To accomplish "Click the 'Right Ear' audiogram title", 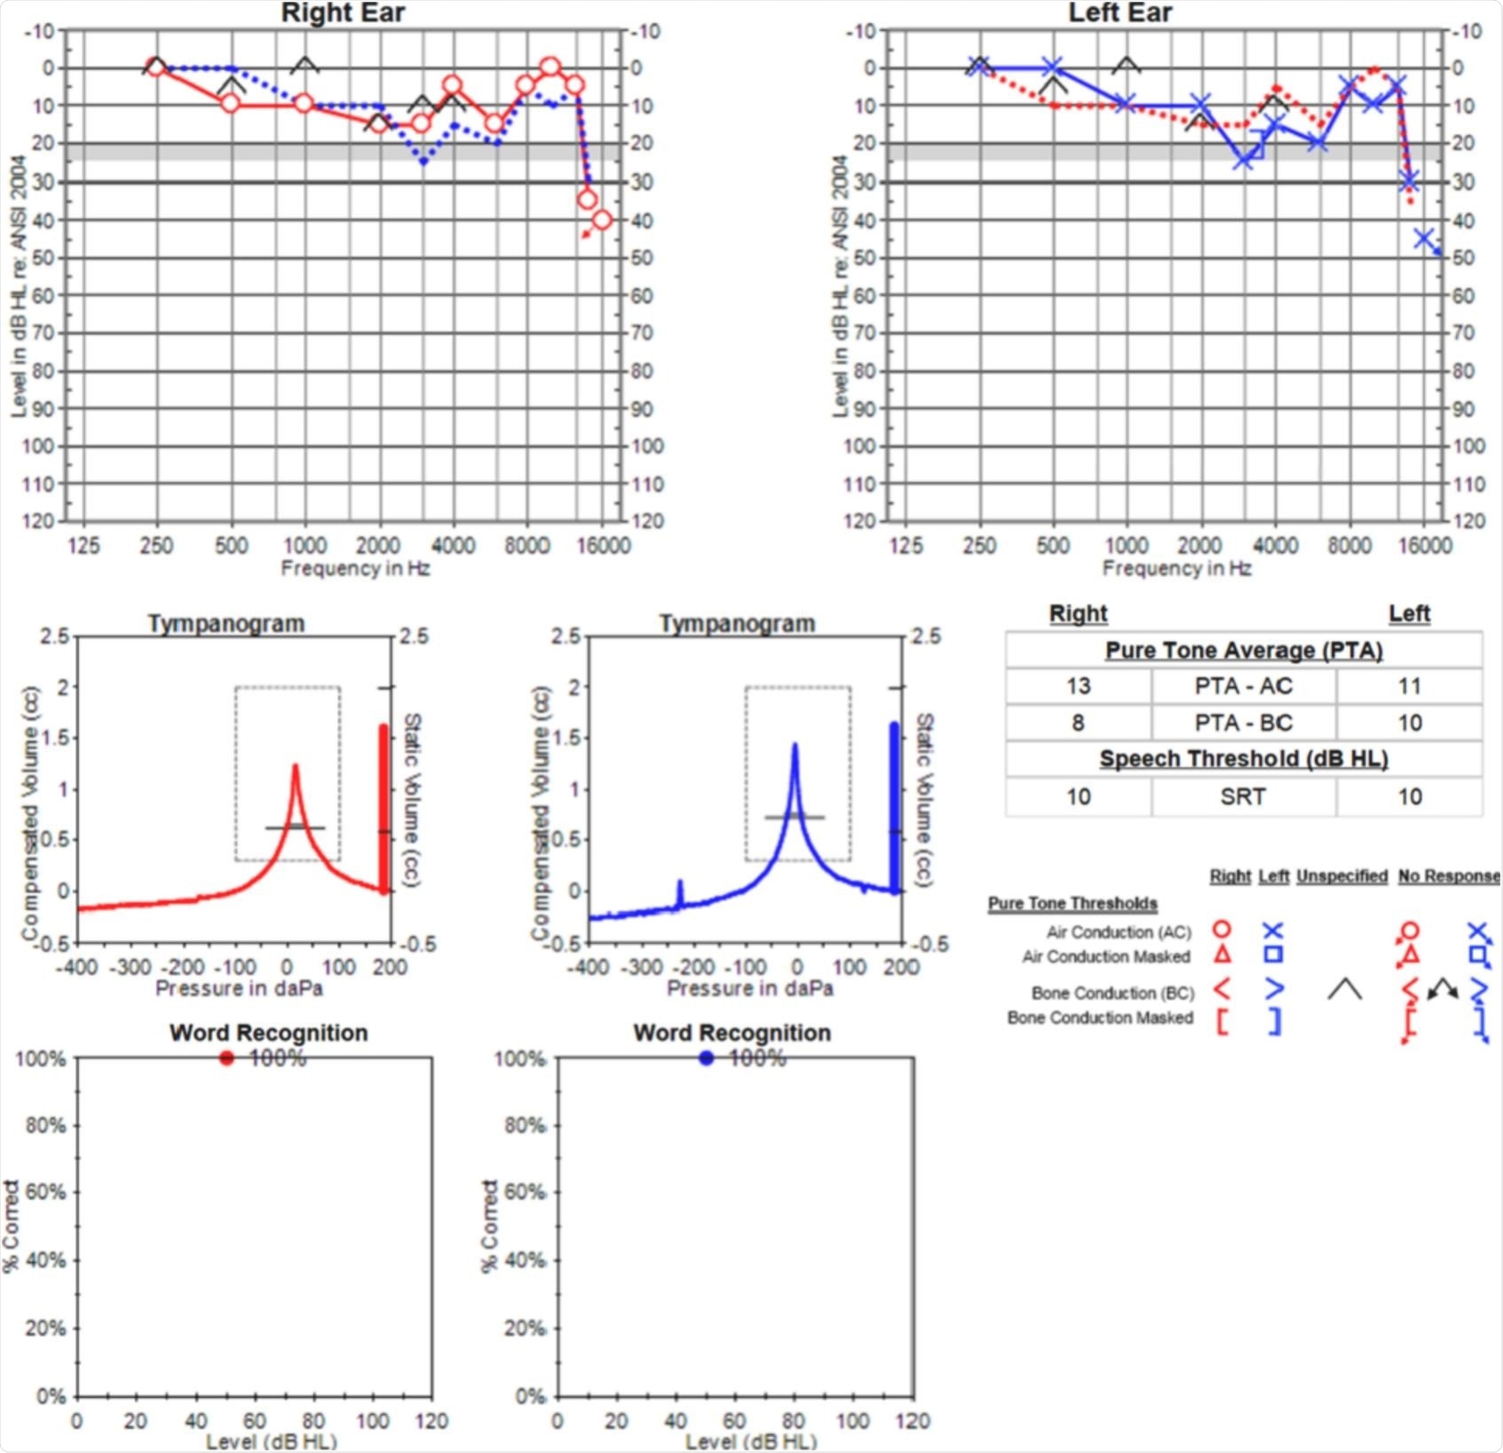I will coord(343,13).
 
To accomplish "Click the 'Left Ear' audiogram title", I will coord(1119,13).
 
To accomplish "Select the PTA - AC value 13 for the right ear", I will coord(1078,686).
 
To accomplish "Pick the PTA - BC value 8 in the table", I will coord(1078,723).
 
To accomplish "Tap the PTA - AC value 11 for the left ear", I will coord(1409,686).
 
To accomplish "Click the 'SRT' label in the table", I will coord(1243,796).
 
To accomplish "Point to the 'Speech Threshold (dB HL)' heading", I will coord(1243,759).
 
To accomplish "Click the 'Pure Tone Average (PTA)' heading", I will coord(1243,651).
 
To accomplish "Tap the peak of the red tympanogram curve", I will coord(296,765).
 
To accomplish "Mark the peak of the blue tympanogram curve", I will coord(795,746).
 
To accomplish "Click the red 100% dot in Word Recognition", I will coord(226,1058).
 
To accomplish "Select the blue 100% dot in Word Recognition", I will coord(707,1058).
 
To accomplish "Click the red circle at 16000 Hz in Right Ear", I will coord(603,219).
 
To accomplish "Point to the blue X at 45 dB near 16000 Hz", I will coord(1425,238).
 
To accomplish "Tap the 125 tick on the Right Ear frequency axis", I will coord(83,545).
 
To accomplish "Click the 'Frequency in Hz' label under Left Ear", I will coord(1176,568).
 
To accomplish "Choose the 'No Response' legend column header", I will coord(1448,876).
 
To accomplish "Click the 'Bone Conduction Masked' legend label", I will coord(1100,1018).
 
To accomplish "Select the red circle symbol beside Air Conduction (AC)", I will coord(1222,929).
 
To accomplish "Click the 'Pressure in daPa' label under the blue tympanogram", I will coord(750,988).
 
